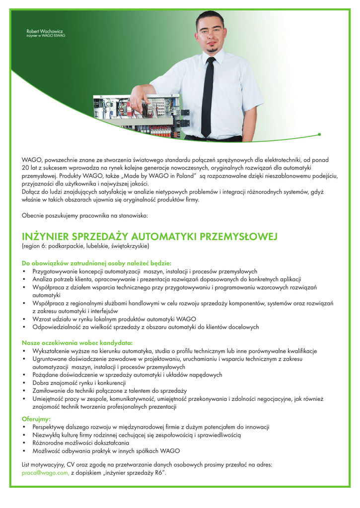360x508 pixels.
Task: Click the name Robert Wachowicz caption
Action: pos(45,31)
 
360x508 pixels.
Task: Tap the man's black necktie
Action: pos(208,94)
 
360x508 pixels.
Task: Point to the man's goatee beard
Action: pos(212,49)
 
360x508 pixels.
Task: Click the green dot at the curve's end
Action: pos(319,134)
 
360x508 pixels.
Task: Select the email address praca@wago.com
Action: pos(45,473)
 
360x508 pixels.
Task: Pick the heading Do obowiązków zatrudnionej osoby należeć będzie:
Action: pos(96,263)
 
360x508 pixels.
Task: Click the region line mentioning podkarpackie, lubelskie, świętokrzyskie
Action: pos(85,246)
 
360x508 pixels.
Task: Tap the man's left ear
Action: pos(224,34)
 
